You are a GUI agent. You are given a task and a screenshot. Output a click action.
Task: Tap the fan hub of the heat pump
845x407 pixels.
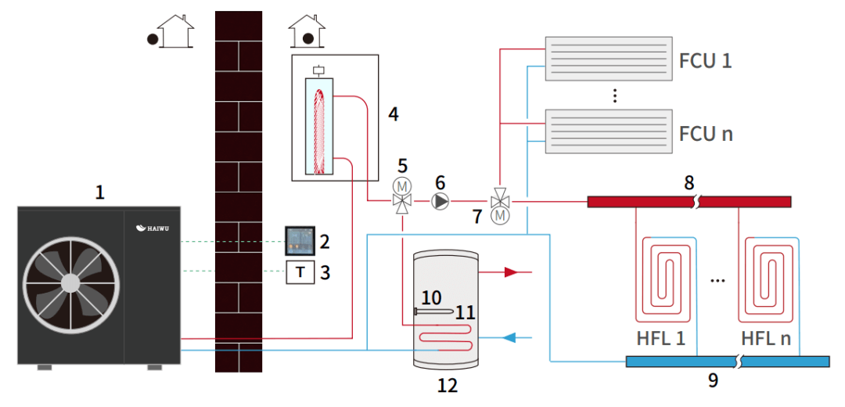pyautogui.click(x=70, y=282)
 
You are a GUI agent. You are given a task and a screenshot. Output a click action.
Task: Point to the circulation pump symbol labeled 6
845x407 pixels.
pyautogui.click(x=440, y=202)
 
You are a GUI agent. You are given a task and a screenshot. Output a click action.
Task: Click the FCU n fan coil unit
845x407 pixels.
pyautogui.click(x=608, y=131)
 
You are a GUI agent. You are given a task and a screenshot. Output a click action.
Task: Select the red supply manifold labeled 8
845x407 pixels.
pyautogui.click(x=689, y=202)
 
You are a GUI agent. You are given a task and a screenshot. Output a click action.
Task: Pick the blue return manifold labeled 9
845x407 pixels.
pyautogui.click(x=728, y=361)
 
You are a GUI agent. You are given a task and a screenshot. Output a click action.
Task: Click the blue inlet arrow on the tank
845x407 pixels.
pyautogui.click(x=509, y=338)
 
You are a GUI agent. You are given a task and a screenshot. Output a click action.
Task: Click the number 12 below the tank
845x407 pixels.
pyautogui.click(x=447, y=385)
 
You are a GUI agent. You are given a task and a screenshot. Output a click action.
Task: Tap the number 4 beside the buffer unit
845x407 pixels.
pyautogui.click(x=393, y=114)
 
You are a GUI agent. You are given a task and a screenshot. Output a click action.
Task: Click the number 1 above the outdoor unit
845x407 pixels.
pyautogui.click(x=99, y=192)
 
